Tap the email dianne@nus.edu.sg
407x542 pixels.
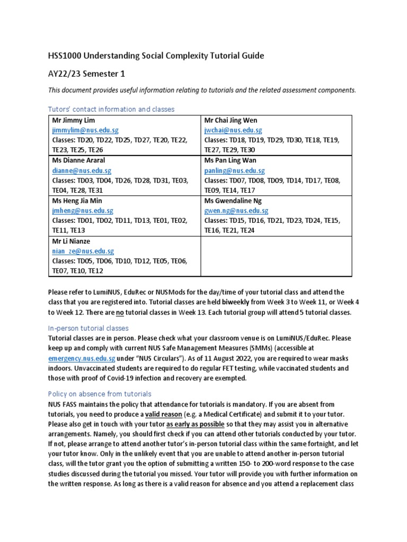point(77,171)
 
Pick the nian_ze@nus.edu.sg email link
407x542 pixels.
point(83,251)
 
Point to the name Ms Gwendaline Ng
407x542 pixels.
point(233,201)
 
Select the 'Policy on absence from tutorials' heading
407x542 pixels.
point(100,394)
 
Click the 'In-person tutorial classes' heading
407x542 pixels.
point(88,328)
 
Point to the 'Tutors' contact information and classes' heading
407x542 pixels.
point(111,109)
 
